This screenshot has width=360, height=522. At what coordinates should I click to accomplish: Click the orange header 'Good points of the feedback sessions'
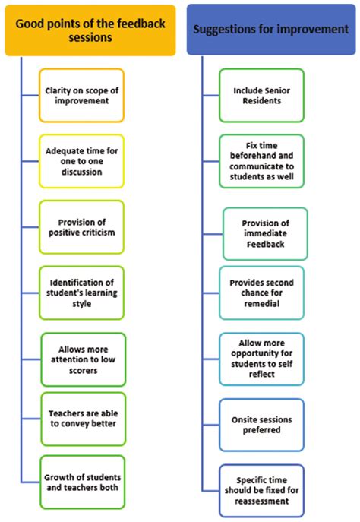tap(90, 29)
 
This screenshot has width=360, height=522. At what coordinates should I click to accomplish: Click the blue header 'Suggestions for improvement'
tap(270, 30)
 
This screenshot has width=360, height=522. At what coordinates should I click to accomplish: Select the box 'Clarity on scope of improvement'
tap(82, 96)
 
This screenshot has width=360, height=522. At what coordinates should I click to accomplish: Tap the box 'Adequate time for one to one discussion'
tap(81, 161)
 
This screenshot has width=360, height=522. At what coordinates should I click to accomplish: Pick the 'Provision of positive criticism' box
tap(82, 226)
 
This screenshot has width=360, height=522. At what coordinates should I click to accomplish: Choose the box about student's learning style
tap(82, 293)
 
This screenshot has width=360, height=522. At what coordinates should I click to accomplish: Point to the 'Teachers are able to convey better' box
tap(82, 419)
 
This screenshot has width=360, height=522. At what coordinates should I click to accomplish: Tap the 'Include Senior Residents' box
tap(262, 96)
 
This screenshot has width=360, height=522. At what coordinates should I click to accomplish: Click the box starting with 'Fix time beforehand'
tap(262, 160)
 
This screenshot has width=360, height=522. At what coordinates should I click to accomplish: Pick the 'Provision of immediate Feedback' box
tap(266, 233)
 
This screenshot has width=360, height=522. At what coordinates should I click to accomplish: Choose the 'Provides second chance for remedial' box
tap(262, 293)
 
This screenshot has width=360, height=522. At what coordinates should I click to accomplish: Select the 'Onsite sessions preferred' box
tap(262, 425)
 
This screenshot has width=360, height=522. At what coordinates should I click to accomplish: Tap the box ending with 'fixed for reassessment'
tap(262, 491)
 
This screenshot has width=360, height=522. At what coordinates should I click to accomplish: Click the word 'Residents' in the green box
tap(262, 101)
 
